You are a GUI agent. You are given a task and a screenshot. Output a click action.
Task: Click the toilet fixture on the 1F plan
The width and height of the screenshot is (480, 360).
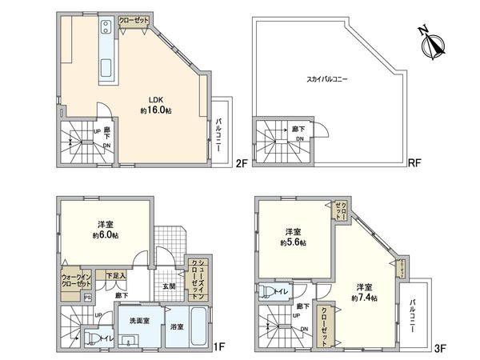tap(93, 338)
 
